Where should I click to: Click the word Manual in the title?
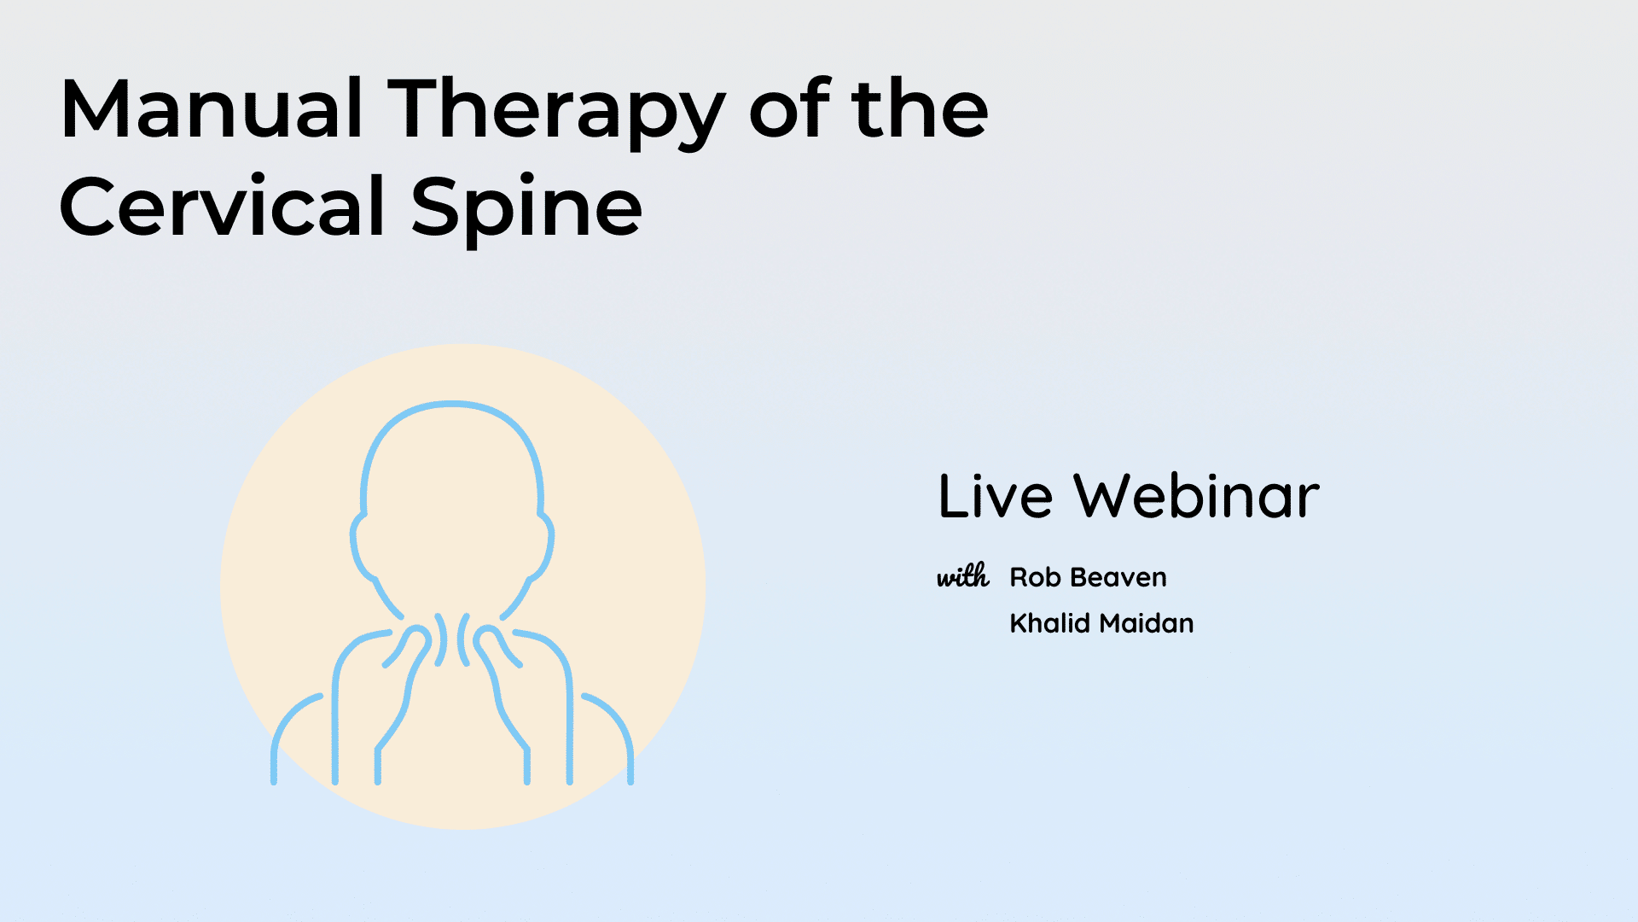(212, 108)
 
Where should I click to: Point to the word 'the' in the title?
(920, 108)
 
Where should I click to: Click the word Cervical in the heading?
(222, 206)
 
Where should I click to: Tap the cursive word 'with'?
(963, 576)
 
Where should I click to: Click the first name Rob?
(1035, 577)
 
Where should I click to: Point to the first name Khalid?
(1050, 622)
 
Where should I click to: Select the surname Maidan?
(1146, 622)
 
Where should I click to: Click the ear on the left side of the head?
(358, 546)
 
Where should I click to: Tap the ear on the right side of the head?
(546, 546)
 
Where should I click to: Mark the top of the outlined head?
(452, 404)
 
